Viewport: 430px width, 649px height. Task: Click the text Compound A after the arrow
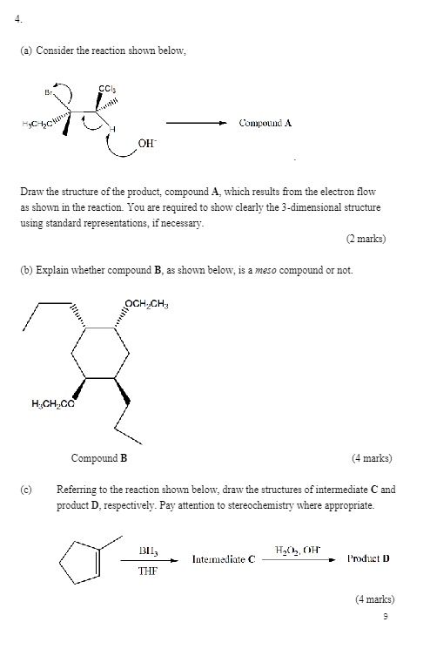pos(265,124)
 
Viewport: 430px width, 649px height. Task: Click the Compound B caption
pos(99,457)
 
